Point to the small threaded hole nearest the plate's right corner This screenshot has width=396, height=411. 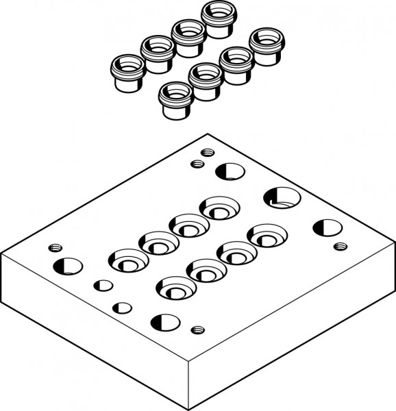(x=338, y=247)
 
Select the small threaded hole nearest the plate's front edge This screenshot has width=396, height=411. (x=198, y=329)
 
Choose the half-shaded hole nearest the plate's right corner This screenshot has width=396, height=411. (x=327, y=228)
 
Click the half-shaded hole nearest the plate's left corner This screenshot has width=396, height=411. (x=67, y=265)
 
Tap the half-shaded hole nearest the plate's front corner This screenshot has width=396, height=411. (x=165, y=321)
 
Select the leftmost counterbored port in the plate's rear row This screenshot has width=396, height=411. (x=126, y=260)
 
